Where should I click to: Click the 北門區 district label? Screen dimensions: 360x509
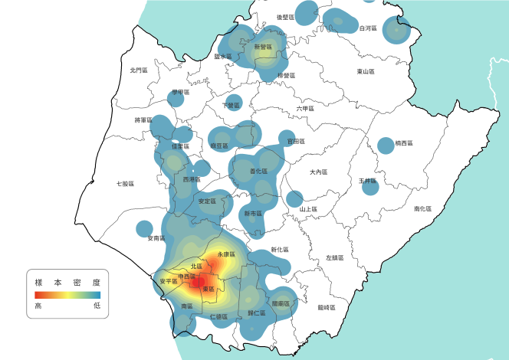click(139, 70)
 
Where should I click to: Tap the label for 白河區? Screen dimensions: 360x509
click(368, 28)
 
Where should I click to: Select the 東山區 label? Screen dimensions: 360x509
click(366, 71)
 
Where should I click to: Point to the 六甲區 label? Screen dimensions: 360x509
click(305, 109)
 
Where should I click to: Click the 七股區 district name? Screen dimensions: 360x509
click(126, 184)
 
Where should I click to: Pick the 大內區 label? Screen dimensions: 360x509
click(318, 172)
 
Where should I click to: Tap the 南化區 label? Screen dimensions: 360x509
click(423, 208)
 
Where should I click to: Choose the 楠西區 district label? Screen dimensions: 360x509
click(404, 143)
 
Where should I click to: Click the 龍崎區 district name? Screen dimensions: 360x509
click(327, 307)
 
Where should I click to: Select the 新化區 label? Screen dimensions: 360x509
click(280, 250)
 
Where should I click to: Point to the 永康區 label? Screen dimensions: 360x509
click(225, 254)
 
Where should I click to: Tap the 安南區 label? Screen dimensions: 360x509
click(156, 239)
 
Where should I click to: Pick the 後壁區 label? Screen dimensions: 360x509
click(286, 16)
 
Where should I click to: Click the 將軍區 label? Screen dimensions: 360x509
click(143, 120)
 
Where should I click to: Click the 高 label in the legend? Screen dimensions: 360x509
click(38, 306)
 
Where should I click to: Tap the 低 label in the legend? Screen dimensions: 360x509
click(97, 306)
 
